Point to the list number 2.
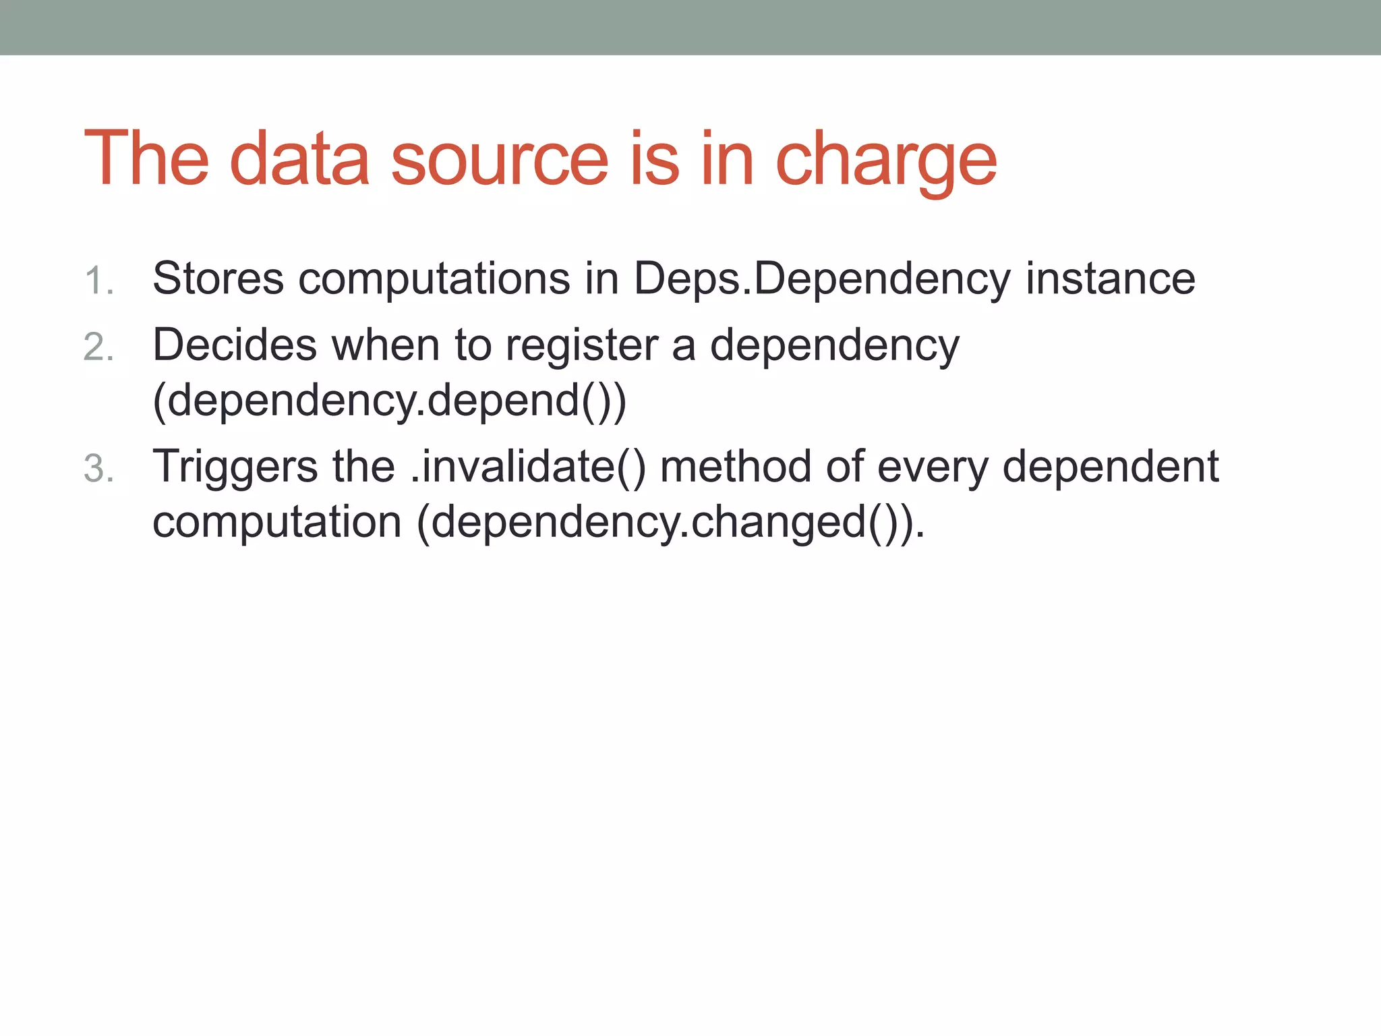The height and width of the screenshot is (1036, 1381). (98, 348)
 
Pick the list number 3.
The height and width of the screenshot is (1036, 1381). (98, 469)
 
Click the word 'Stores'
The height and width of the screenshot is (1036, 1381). (218, 279)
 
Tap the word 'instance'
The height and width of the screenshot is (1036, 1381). (1110, 279)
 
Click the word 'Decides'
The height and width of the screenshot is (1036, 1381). (234, 345)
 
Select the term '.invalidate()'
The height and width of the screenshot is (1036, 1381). (528, 467)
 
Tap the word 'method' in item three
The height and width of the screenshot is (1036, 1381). (735, 467)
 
